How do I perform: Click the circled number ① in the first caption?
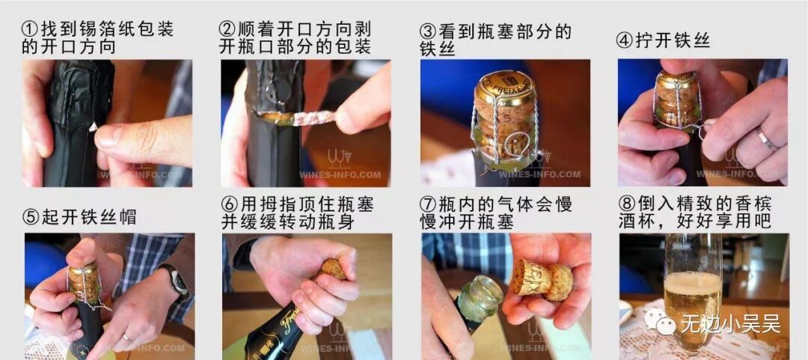31,29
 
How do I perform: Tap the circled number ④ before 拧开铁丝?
625,41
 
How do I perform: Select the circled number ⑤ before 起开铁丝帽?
31,216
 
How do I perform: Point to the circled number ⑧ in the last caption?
627,204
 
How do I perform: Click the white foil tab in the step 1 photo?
94,127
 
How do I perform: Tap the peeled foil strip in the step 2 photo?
297,118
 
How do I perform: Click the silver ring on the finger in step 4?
767,139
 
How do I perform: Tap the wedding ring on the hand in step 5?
126,337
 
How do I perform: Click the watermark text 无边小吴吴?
731,324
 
